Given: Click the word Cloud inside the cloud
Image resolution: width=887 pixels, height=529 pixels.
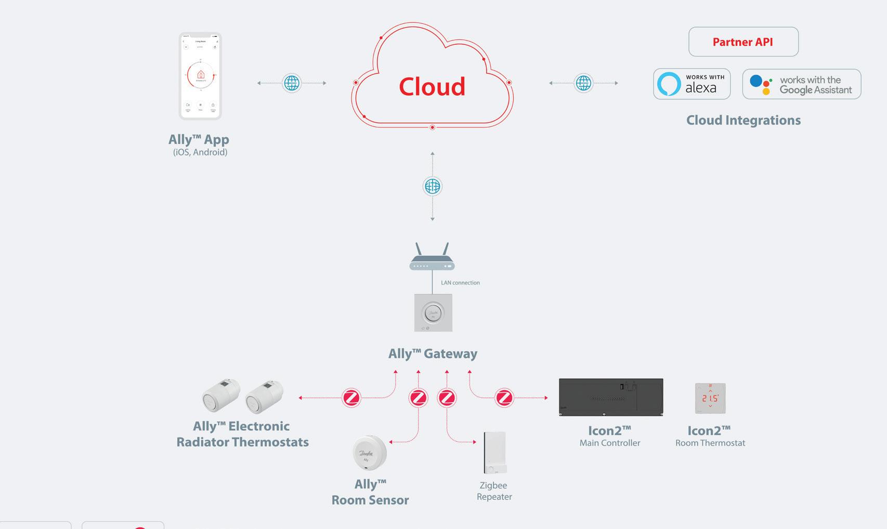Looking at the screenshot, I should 432,86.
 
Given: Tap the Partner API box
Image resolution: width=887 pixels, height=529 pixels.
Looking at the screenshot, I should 743,42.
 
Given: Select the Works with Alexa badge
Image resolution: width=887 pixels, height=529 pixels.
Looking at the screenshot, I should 692,84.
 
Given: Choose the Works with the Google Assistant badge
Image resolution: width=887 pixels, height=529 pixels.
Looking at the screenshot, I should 801,84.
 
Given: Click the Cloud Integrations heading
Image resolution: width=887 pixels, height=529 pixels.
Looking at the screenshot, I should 743,120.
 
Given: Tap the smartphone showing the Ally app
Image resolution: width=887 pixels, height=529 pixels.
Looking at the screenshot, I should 200,76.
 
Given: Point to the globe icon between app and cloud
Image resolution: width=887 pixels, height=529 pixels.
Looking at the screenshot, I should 292,83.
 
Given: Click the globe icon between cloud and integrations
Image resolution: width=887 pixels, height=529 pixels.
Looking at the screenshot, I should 583,83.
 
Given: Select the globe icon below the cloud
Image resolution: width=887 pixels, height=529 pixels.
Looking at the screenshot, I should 433,186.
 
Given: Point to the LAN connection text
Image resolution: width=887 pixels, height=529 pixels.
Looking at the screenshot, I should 460,283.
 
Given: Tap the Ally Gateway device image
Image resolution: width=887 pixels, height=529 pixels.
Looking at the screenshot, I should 433,313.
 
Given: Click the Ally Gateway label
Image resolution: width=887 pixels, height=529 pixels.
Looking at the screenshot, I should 433,354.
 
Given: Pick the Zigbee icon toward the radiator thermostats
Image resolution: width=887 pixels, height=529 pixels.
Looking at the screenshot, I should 351,398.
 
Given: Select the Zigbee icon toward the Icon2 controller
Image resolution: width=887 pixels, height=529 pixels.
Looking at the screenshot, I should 504,398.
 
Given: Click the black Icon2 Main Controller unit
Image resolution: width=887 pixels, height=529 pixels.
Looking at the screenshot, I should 611,397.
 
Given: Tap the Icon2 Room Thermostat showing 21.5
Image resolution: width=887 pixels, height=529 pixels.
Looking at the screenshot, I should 710,398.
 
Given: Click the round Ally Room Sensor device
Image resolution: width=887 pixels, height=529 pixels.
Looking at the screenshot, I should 370,453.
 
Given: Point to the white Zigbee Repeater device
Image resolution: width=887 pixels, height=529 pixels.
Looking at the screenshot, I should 494,453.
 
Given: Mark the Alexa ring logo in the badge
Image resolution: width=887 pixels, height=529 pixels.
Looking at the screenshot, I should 669,84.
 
